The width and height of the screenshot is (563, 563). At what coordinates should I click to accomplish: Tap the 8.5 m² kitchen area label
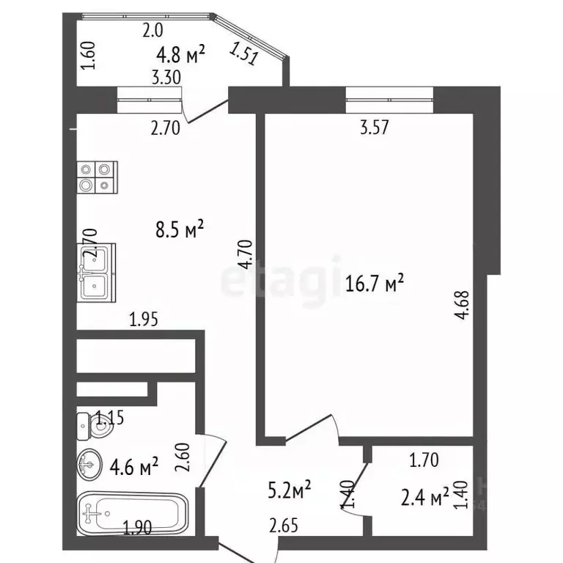coord(179,230)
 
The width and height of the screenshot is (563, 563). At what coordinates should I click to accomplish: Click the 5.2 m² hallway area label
coord(287,488)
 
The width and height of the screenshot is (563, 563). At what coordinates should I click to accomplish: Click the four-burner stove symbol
coord(97,177)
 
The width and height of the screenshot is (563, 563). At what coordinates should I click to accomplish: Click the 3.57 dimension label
coord(374,127)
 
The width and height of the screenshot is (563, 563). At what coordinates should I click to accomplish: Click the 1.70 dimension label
coord(424,461)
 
